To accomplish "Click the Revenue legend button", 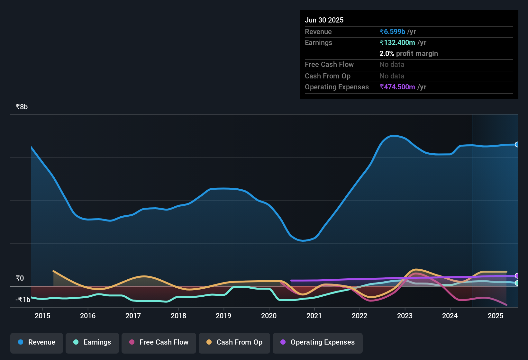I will click(37, 342).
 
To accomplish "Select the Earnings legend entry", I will click(92, 342).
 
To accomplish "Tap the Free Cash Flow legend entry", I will click(159, 342).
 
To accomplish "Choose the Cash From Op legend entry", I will click(234, 342).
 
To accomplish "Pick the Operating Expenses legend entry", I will click(318, 342).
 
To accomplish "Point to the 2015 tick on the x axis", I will click(42, 316).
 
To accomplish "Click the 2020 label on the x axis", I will click(269, 316).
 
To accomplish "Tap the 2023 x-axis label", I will click(405, 316).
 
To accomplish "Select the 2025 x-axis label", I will click(496, 316).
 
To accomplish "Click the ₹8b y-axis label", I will click(22, 107).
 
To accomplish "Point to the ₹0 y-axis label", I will click(20, 278).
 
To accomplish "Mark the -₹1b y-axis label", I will click(23, 300).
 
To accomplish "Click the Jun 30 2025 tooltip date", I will click(324, 20).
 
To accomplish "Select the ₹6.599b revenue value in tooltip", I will click(392, 32).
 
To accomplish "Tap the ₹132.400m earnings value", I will click(397, 43).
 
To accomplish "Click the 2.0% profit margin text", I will click(408, 54).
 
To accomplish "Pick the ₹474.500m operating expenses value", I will click(397, 87).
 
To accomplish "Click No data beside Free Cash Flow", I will click(392, 65).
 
